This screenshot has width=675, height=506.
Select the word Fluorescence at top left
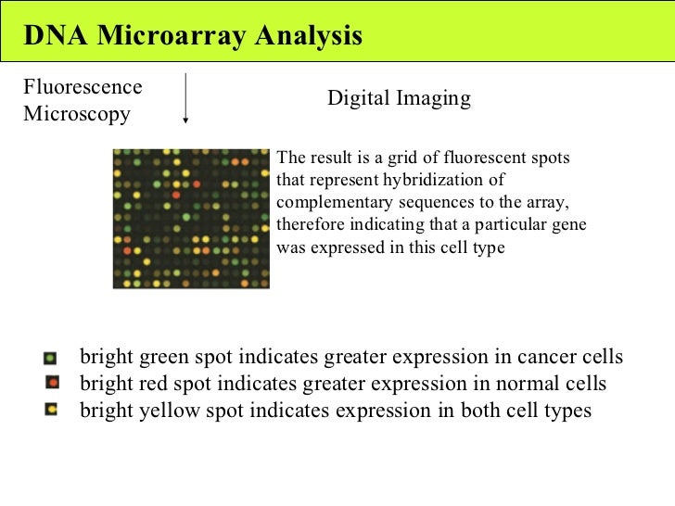[x=83, y=87]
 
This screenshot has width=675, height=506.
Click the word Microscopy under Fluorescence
[x=77, y=114]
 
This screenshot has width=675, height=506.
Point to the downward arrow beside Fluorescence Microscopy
[x=187, y=98]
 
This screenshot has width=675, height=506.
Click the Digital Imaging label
[x=399, y=98]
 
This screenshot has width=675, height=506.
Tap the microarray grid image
[x=190, y=218]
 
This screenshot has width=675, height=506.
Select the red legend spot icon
[x=52, y=383]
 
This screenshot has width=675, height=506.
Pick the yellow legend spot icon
[x=52, y=408]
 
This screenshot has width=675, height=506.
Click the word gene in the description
[x=568, y=225]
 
